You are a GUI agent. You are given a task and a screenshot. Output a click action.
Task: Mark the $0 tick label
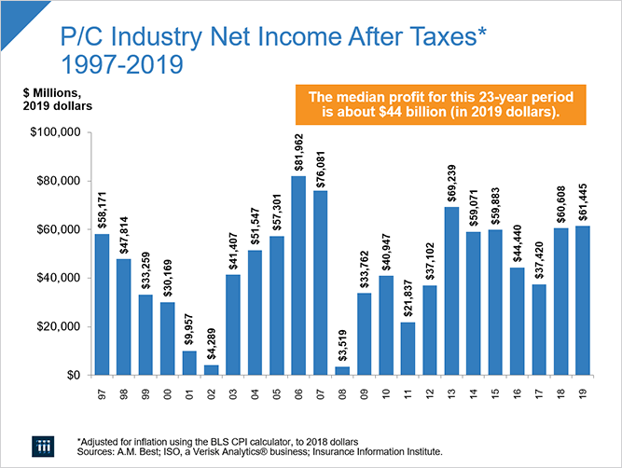[74, 375]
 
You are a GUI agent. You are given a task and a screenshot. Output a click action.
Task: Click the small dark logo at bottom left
[41, 444]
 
